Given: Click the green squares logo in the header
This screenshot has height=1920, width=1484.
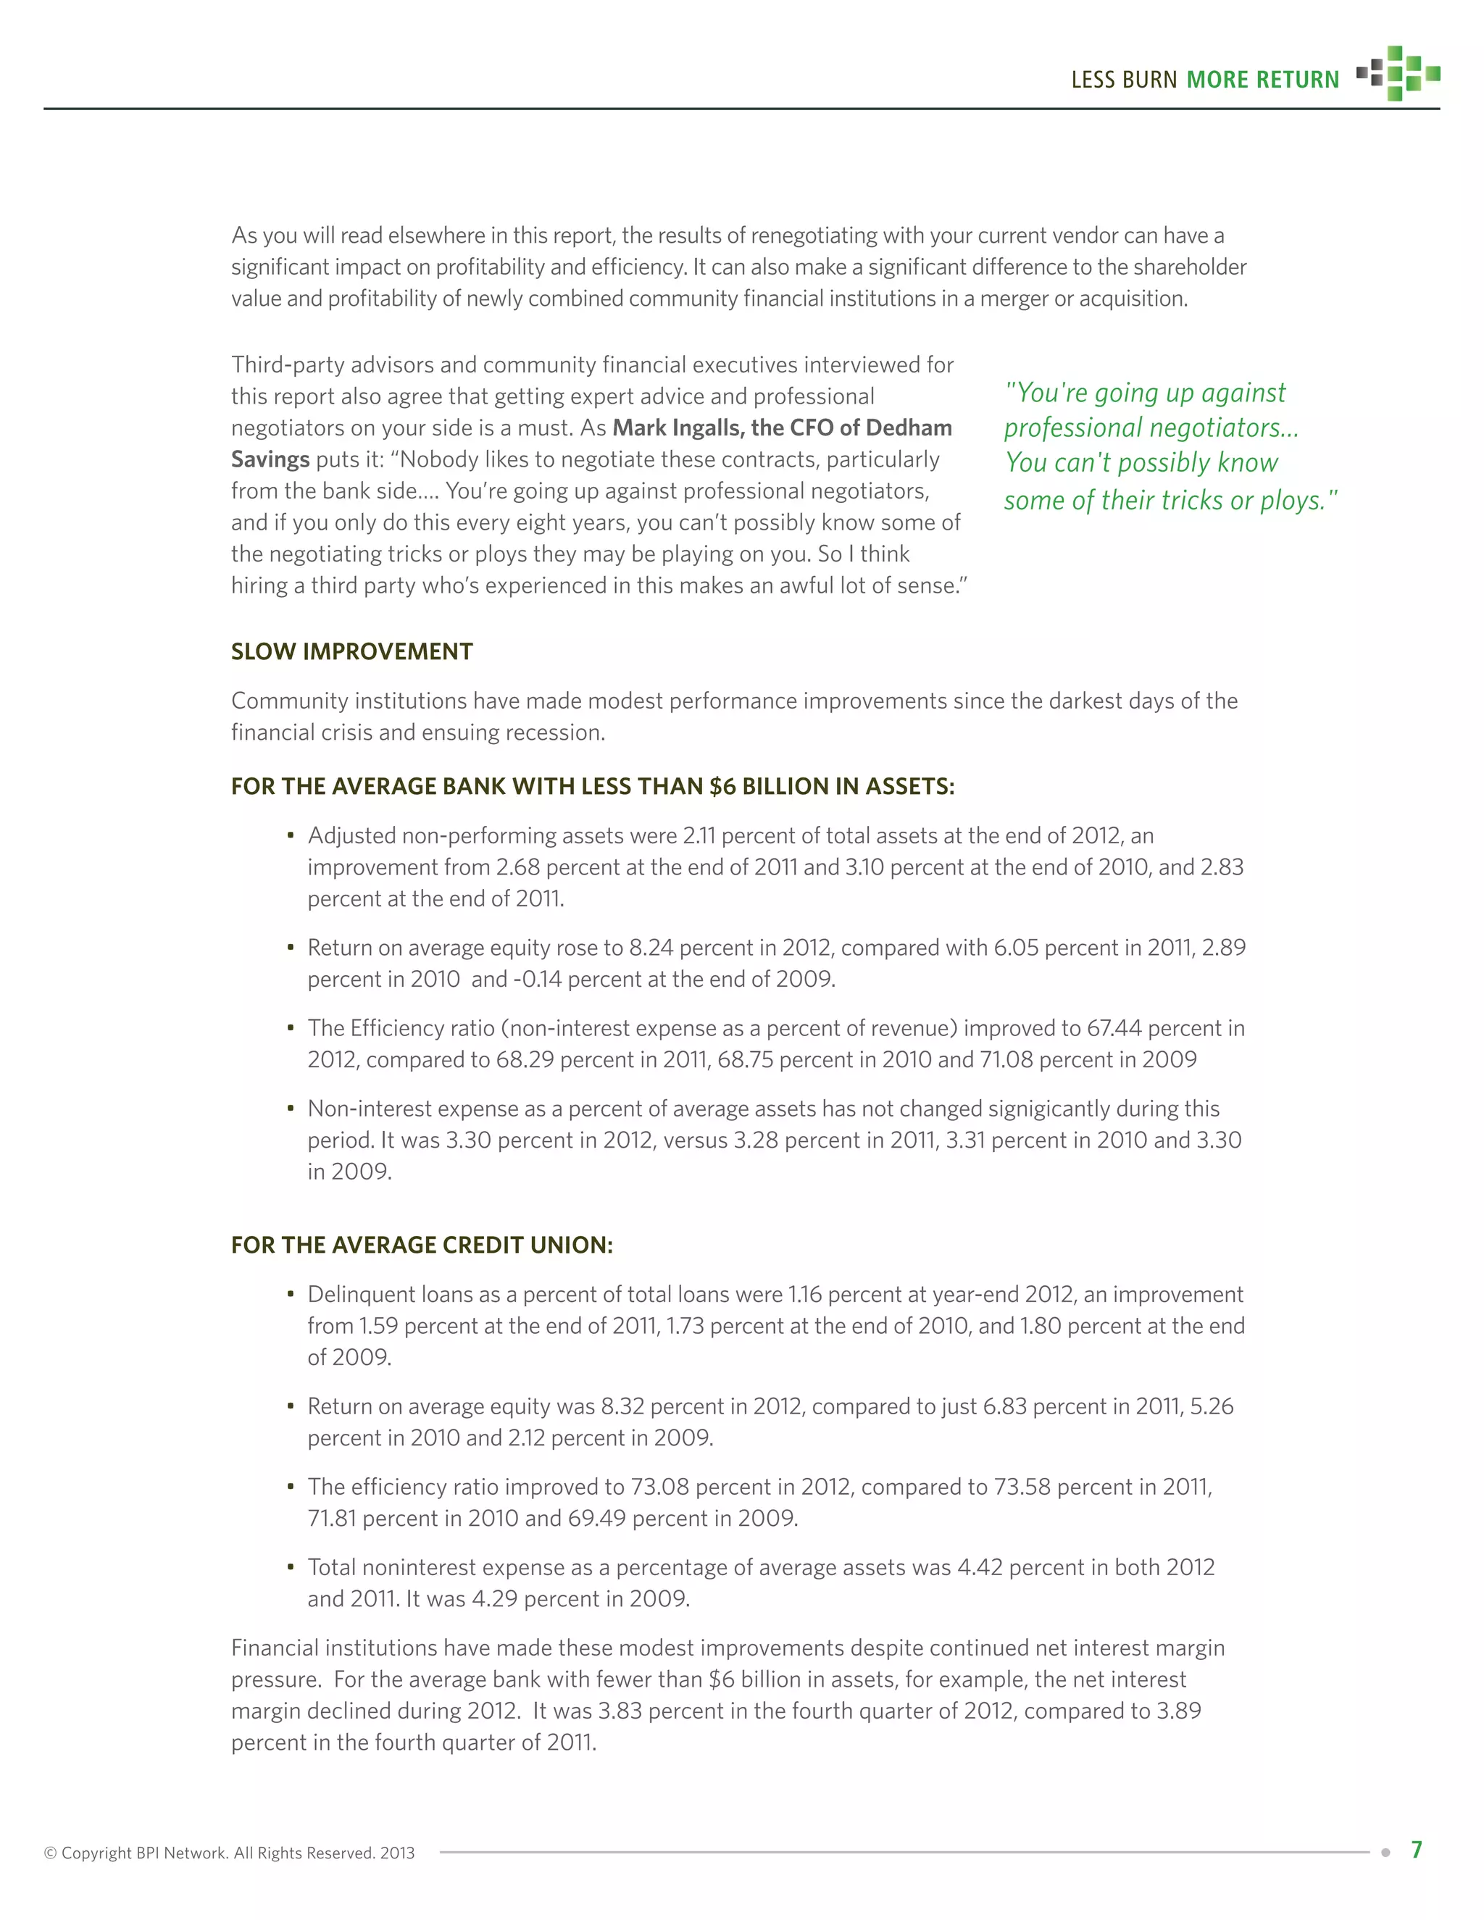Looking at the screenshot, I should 1398,73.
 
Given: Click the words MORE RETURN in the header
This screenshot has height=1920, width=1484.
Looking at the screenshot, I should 1262,80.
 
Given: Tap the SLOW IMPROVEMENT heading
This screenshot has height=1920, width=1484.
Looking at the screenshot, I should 351,651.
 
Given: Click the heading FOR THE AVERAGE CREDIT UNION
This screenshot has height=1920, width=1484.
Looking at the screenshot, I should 421,1245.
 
